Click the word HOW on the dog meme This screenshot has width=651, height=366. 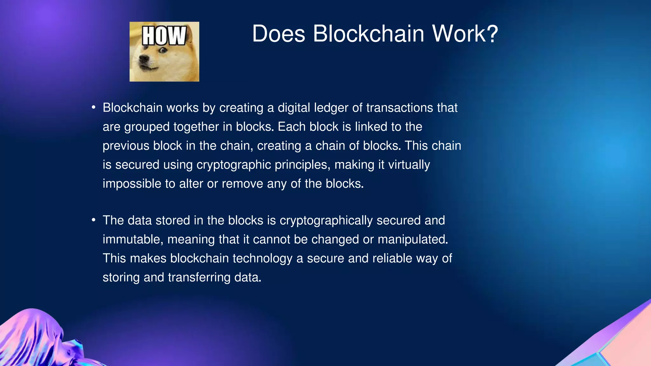164,36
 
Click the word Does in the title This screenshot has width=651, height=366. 278,34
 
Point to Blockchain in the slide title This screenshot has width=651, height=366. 368,34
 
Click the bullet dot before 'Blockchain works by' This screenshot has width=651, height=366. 93,107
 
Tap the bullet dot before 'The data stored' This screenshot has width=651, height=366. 93,220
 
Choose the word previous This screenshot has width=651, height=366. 126,146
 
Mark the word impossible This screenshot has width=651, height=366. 132,184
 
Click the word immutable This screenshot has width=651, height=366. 133,240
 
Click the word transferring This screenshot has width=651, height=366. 199,277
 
